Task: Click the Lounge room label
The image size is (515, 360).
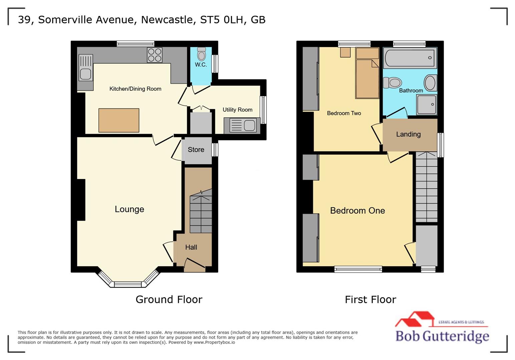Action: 129,209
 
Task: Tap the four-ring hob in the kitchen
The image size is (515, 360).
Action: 155,55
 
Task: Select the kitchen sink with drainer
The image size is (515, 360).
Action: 85,68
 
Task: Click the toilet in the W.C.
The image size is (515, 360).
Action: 201,54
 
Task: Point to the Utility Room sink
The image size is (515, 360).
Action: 242,126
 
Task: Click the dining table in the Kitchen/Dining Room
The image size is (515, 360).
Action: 119,120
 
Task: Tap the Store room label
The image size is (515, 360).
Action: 196,150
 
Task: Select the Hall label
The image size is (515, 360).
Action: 191,247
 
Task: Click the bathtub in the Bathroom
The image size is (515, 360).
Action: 410,58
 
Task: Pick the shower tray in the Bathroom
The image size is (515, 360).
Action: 427,104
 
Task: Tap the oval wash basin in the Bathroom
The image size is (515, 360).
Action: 430,83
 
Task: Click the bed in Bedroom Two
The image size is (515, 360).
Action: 367,78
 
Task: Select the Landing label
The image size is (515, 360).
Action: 408,134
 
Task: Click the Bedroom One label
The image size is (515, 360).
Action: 357,211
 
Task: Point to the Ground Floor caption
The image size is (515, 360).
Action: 169,299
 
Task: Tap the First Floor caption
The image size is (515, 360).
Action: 370,299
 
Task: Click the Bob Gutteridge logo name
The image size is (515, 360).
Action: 442,336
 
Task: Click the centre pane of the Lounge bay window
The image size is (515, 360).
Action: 128,284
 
